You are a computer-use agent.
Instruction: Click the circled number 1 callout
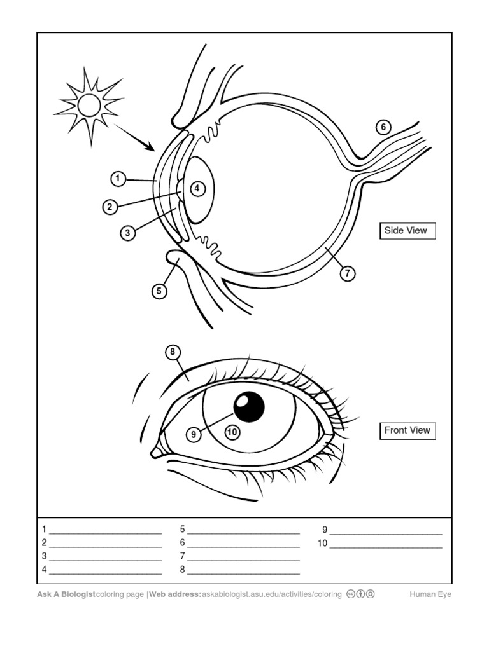click(118, 179)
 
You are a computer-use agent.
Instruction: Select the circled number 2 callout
click(110, 207)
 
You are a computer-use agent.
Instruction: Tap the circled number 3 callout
click(128, 233)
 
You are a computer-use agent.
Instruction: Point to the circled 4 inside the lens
click(197, 188)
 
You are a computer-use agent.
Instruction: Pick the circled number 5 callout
click(159, 291)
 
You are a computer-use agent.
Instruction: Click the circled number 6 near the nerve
click(383, 127)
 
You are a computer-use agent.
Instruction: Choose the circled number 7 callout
click(347, 273)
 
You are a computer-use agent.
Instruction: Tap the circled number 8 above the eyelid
click(172, 352)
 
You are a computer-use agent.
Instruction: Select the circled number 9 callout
click(194, 435)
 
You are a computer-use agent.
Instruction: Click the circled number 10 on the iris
click(232, 432)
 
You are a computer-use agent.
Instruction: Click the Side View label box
click(407, 230)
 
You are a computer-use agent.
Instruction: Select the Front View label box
click(407, 430)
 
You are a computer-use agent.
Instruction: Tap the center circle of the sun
click(89, 106)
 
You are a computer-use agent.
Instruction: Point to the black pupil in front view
click(249, 406)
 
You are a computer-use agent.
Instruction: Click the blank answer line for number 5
click(243, 530)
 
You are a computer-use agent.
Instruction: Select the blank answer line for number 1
click(105, 530)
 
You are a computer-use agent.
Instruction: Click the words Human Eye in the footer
click(430, 594)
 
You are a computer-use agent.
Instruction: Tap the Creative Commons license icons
click(360, 594)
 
